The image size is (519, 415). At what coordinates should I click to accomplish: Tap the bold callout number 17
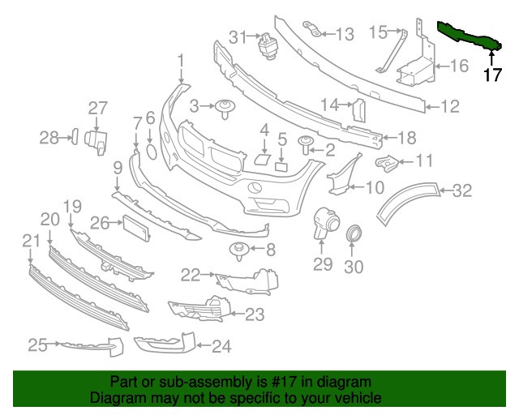[x=492, y=75]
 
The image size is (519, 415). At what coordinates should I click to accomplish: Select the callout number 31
[x=237, y=36]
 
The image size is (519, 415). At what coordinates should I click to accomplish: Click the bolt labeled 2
[x=307, y=145]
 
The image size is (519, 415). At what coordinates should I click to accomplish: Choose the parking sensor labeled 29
[x=326, y=223]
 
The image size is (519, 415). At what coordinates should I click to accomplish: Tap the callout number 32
[x=461, y=191]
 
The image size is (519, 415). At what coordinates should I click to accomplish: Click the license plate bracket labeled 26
[x=137, y=228]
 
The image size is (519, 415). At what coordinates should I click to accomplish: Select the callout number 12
[x=450, y=105]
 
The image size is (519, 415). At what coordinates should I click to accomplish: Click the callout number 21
[x=31, y=240]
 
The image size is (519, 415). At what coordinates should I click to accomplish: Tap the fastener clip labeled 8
[x=239, y=253]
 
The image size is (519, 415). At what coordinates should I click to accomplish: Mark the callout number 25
[x=37, y=346]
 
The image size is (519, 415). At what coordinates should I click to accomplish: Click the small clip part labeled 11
[x=389, y=164]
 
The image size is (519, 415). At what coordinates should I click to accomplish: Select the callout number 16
[x=459, y=66]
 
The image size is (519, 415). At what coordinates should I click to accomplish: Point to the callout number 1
[x=182, y=60]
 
